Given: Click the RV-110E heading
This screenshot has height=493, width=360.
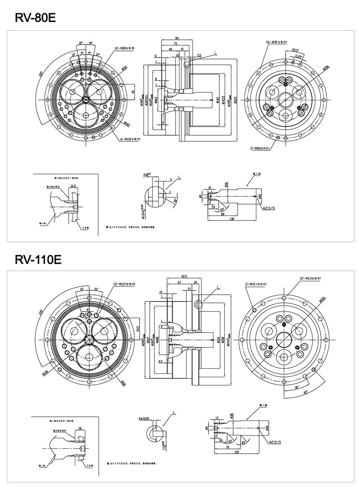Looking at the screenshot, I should (38, 259).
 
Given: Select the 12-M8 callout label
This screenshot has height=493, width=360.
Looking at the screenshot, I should (126, 48).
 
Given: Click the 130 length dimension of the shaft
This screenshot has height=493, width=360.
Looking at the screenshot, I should (232, 219).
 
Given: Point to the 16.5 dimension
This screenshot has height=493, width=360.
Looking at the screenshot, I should (73, 185).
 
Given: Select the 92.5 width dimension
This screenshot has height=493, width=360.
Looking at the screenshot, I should (184, 277).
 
